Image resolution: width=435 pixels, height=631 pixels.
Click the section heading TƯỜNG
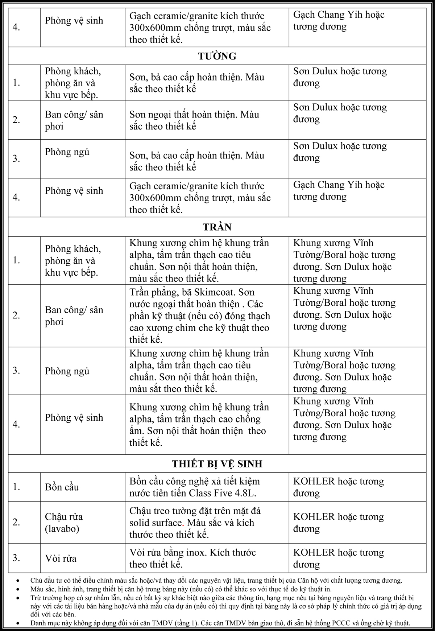pyautogui.click(x=217, y=56)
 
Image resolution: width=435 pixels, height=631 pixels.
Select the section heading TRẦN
pyautogui.click(x=217, y=227)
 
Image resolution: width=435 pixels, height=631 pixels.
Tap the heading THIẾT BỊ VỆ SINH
pyautogui.click(x=217, y=464)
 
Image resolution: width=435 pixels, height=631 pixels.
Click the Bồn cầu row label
pyautogui.click(x=62, y=487)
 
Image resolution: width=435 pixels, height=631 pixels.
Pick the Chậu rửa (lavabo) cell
pyautogui.click(x=64, y=523)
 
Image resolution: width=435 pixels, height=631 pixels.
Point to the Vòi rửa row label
pyautogui.click(x=61, y=558)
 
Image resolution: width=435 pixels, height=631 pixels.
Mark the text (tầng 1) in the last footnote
pyautogui.click(x=186, y=623)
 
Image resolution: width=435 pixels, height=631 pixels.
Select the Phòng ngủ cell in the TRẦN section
pyautogui.click(x=67, y=371)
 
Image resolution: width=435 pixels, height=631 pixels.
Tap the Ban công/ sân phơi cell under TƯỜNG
pyautogui.click(x=74, y=120)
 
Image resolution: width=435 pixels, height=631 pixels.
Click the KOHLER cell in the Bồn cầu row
pyautogui.click(x=339, y=487)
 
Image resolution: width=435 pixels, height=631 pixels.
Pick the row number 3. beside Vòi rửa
pyautogui.click(x=16, y=558)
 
